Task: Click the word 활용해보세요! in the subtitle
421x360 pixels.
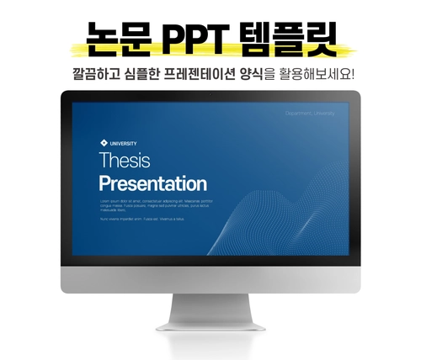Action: click(x=331, y=73)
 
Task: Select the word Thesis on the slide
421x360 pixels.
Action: click(x=124, y=161)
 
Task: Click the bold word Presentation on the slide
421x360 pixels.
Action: click(x=152, y=183)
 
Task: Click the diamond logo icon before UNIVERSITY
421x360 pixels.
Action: click(x=103, y=143)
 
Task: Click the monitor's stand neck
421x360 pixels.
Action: click(x=210, y=302)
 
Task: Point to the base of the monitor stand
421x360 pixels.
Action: click(x=210, y=324)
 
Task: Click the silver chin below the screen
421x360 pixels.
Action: click(x=210, y=277)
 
